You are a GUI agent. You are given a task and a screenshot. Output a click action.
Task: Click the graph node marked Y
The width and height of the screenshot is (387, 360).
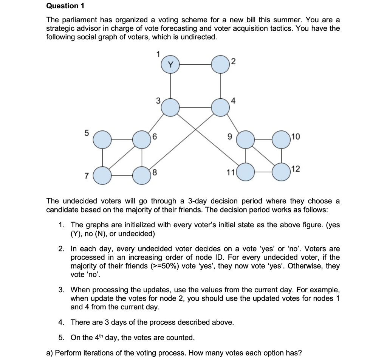point(170,65)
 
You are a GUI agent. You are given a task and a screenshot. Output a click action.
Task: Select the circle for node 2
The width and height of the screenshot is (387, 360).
point(220,65)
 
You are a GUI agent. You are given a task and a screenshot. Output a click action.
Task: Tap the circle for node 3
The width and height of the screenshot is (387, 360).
point(170,108)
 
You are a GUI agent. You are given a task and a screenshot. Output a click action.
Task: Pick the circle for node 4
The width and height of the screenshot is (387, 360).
point(220,108)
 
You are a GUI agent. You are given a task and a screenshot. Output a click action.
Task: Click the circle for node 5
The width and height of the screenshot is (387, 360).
point(102,140)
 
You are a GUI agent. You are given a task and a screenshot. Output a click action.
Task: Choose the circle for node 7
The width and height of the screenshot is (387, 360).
point(102,175)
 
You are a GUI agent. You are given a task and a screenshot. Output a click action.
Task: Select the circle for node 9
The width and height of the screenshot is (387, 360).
point(245,140)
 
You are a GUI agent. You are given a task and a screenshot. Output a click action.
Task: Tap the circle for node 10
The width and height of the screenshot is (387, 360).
point(281,140)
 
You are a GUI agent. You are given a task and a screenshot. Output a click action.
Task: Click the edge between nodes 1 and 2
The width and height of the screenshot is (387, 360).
point(195,65)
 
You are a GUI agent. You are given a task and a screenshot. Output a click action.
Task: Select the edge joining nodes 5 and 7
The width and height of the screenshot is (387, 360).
point(102,157)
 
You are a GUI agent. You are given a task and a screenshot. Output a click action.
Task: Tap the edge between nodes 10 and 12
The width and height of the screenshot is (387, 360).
point(281,155)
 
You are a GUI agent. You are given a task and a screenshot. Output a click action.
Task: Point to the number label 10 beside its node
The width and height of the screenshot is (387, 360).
point(295,137)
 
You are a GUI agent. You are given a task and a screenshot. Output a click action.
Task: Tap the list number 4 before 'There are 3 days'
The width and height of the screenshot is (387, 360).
point(61,322)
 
